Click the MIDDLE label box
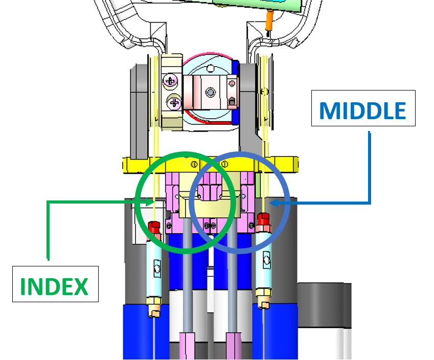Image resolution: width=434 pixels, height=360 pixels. (x=363, y=108)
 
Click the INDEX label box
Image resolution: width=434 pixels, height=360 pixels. (x=55, y=284)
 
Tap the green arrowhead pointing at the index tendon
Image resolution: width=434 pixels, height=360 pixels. (x=149, y=202)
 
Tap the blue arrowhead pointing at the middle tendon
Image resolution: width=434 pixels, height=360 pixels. (x=273, y=203)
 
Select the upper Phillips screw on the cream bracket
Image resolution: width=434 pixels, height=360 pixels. (x=170, y=81)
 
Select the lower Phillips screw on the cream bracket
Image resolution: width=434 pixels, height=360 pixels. (x=174, y=103)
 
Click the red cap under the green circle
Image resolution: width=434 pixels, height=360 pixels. (x=154, y=227)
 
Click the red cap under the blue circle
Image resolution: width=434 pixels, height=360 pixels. (x=263, y=219)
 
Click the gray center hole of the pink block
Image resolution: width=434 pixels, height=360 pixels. (x=211, y=92)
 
